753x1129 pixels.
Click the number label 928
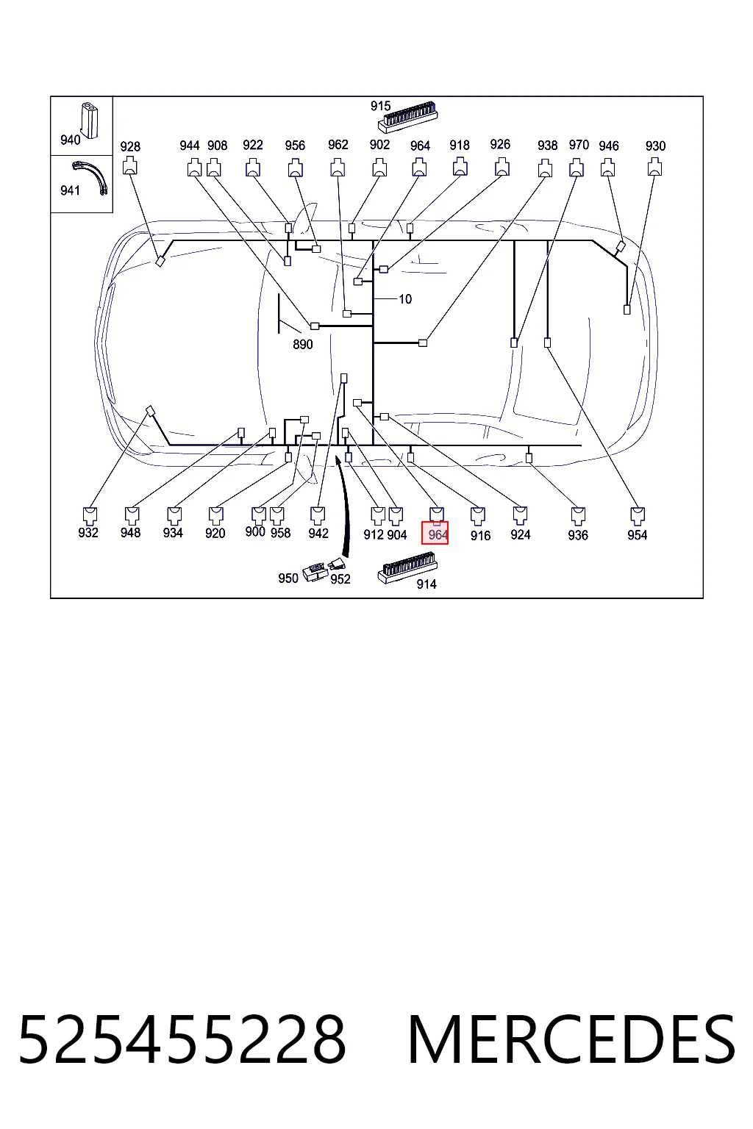(130, 147)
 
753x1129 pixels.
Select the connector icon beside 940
(89, 120)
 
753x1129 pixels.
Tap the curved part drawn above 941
(90, 176)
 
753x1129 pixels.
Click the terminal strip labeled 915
(407, 118)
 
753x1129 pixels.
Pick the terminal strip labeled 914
(407, 567)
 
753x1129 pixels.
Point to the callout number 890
(303, 345)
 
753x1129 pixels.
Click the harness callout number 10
(405, 299)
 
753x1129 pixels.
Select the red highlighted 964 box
(435, 533)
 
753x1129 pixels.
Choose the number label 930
(655, 146)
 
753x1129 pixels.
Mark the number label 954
(637, 535)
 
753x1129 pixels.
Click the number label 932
(88, 533)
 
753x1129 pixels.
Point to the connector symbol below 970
(577, 168)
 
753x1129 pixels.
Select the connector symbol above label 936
(578, 515)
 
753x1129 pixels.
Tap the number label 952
(340, 579)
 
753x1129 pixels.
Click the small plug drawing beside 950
(315, 573)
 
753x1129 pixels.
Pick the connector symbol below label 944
(194, 168)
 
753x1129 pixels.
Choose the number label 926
(500, 145)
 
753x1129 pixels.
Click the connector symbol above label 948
(132, 515)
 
